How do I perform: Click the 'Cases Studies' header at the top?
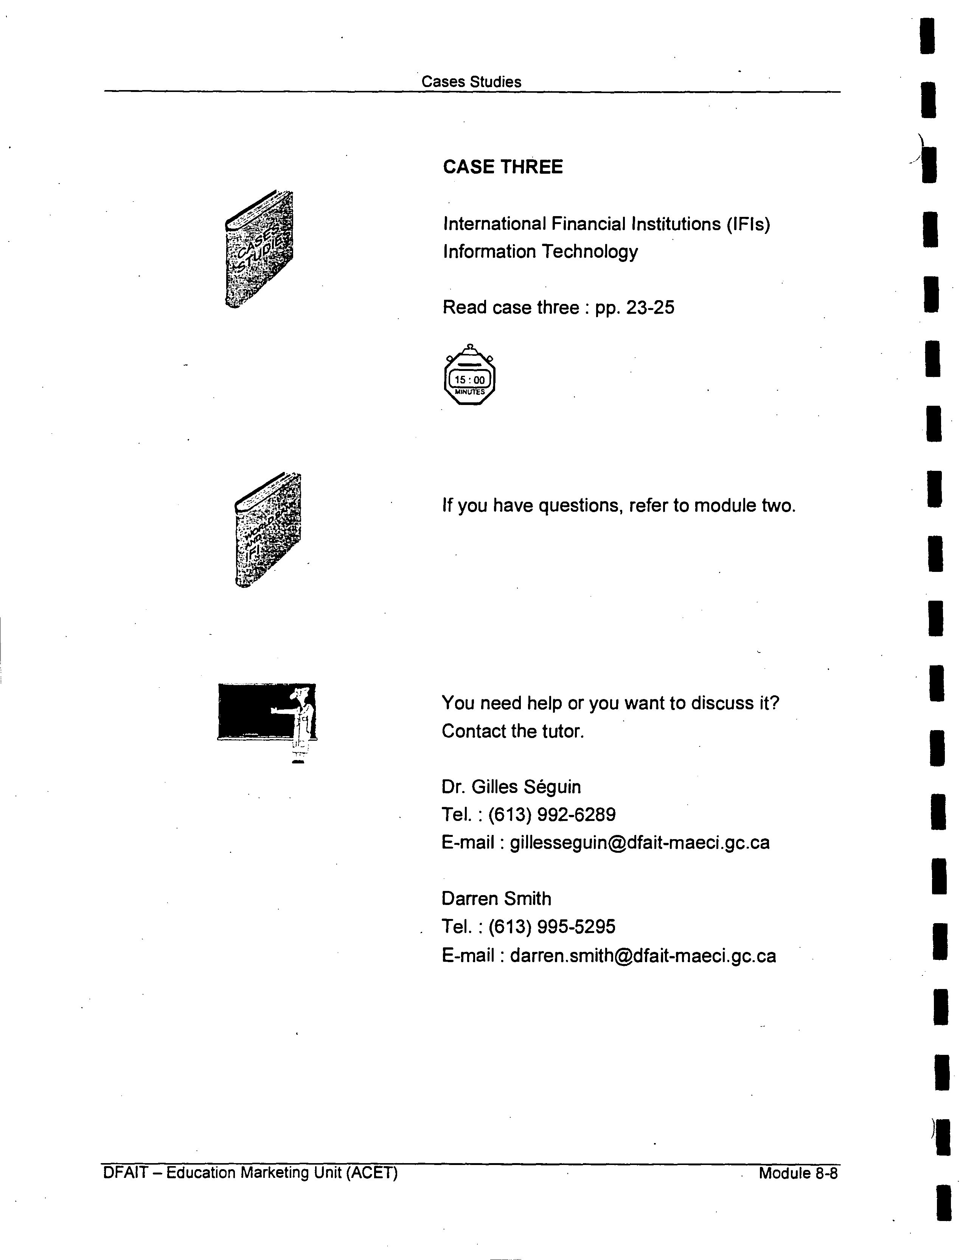point(471,82)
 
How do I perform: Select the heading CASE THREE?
point(503,167)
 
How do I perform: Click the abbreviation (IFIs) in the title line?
point(748,224)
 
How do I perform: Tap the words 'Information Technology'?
point(540,252)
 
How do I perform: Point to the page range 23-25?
point(650,308)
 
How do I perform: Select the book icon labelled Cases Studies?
point(259,249)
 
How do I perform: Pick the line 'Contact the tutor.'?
point(513,731)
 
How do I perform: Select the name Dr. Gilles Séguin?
point(511,787)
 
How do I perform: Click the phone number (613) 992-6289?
point(552,814)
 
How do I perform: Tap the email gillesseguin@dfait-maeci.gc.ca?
point(639,842)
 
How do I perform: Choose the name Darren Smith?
point(496,898)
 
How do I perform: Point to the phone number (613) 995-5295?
point(552,926)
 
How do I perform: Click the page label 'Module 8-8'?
point(798,1173)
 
